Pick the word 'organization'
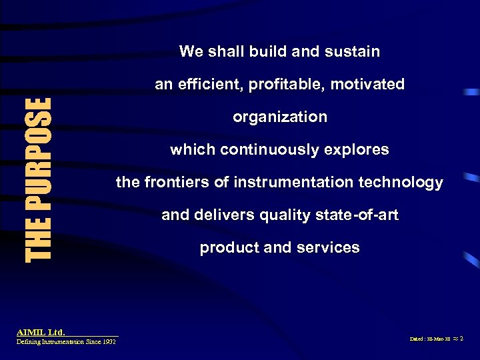pos(280,117)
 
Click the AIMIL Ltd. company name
pos(41,331)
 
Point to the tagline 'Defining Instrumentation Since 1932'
pos(66,341)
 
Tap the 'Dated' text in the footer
pos(417,339)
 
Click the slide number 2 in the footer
pos(461,339)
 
